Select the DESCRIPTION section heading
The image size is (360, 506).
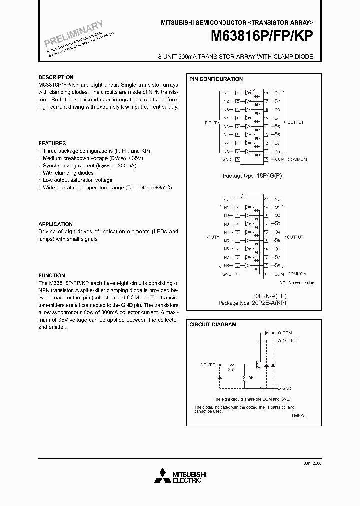tap(56, 77)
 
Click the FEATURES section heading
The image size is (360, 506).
tap(52, 143)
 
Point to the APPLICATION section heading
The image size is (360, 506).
tap(55, 224)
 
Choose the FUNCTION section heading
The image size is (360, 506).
tap(52, 275)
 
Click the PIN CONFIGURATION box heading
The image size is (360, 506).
tap(216, 79)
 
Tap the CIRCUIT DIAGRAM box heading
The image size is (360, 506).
tap(213, 324)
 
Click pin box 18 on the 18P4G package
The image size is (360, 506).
tap(266, 93)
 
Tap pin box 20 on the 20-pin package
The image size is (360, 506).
tap(266, 199)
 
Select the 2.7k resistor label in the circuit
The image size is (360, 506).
tap(232, 370)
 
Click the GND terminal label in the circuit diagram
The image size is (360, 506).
tap(287, 388)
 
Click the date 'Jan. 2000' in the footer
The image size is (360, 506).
tap(312, 463)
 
